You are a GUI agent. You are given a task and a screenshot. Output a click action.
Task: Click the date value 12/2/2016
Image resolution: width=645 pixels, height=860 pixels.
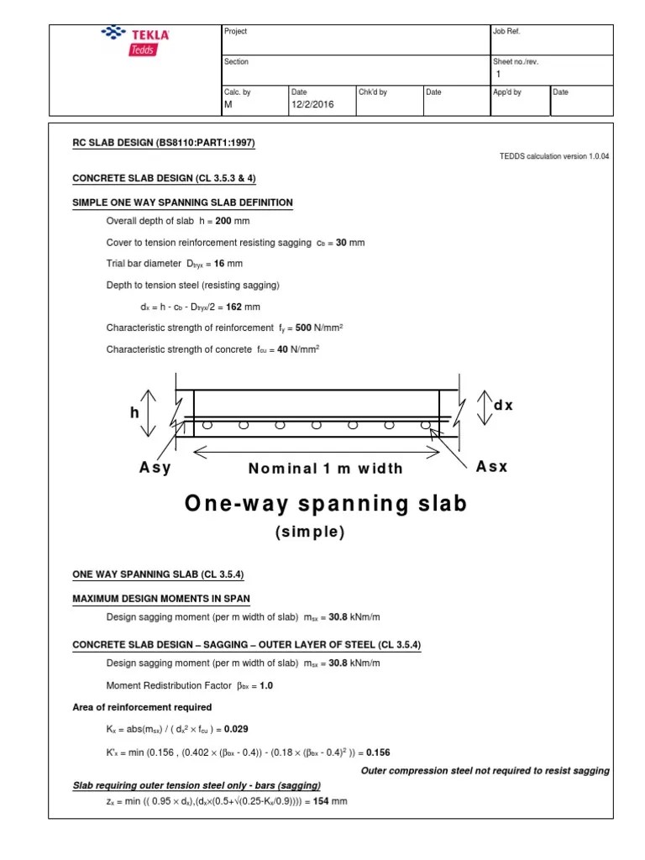coord(312,105)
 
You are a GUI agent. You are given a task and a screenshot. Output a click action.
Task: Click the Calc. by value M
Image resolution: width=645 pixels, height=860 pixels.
coord(228,105)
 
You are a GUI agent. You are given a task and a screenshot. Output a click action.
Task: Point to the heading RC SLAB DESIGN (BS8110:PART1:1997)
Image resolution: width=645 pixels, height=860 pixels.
coord(164,143)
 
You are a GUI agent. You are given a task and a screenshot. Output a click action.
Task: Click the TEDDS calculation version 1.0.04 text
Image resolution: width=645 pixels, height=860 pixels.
coord(554,157)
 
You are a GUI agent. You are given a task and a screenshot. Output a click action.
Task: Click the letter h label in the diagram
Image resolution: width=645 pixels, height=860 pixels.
coord(134,413)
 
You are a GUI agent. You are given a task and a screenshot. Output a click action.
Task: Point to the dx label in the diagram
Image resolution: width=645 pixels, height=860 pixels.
coord(502,406)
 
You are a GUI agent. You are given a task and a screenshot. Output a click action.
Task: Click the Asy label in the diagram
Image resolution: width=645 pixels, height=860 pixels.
coord(155,468)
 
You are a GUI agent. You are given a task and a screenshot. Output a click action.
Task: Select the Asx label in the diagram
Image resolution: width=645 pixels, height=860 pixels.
coord(491,467)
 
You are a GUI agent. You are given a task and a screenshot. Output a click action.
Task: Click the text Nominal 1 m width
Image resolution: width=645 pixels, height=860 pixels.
coord(325,469)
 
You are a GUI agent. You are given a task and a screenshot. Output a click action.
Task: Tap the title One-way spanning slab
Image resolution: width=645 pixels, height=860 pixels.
coord(324,505)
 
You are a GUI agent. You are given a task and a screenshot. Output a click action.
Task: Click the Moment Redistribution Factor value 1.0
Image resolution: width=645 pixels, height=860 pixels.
coord(266,685)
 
